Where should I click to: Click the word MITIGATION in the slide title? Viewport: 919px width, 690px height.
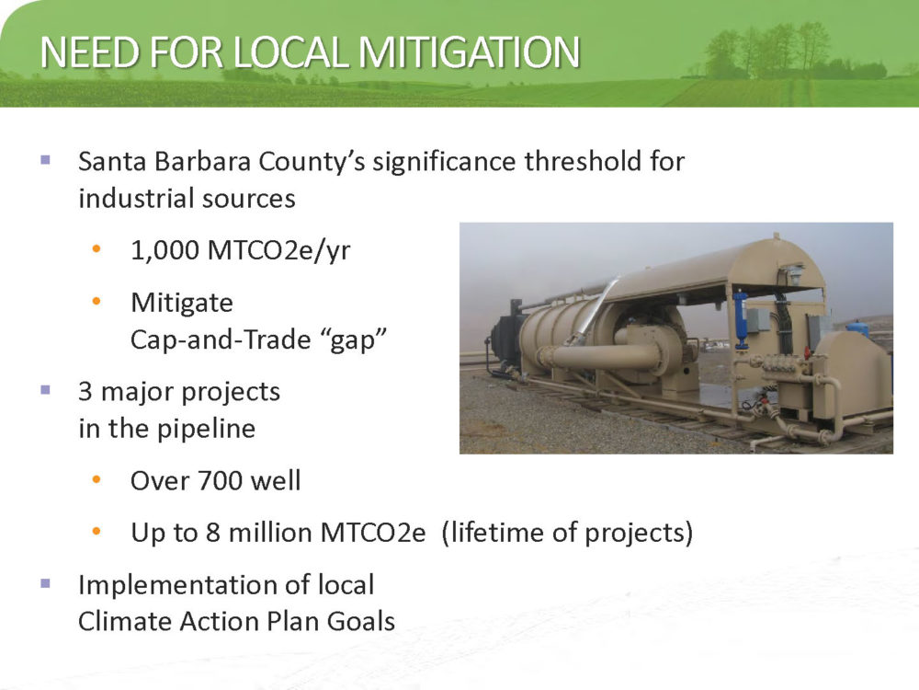tap(469, 52)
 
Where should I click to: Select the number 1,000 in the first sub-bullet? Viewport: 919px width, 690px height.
tap(165, 250)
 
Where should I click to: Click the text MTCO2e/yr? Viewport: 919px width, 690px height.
tap(279, 251)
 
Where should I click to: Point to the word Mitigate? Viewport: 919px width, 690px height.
tap(182, 304)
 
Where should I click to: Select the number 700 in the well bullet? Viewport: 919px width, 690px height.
tap(221, 480)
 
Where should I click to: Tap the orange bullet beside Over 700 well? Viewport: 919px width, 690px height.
tap(96, 480)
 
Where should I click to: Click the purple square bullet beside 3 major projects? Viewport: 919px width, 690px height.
tap(45, 389)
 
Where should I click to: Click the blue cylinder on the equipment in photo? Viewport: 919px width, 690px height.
tap(740, 316)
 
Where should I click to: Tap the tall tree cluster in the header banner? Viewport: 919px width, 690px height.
tap(767, 52)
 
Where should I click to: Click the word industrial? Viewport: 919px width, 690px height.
tap(131, 199)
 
